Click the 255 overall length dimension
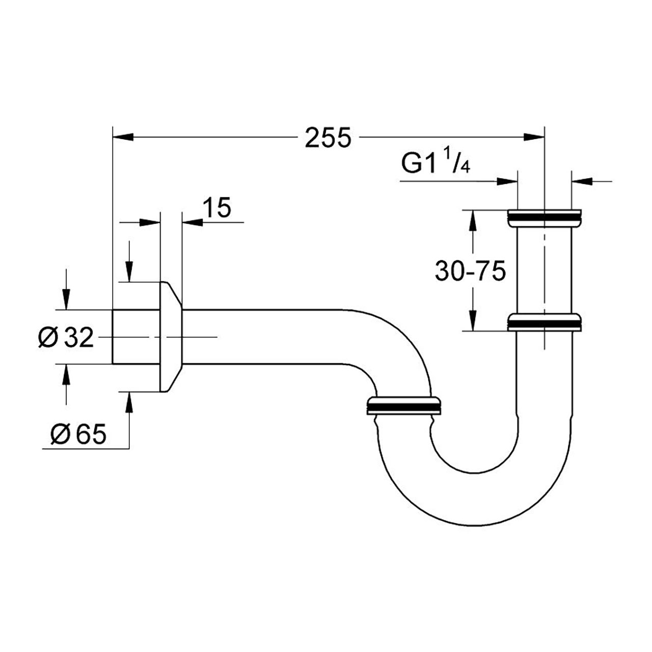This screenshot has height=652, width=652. click(328, 138)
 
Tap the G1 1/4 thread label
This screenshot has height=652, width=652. click(436, 162)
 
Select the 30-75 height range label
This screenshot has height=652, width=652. click(470, 270)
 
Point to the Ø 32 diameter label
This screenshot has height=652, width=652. click(66, 337)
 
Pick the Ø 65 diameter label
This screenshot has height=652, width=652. click(78, 434)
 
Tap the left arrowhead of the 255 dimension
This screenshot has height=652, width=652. click(123, 137)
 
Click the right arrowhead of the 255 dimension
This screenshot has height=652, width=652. click(534, 137)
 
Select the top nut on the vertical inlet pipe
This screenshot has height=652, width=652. click(544, 218)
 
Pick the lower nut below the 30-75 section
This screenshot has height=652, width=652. click(544, 322)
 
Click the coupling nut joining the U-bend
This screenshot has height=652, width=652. click(404, 405)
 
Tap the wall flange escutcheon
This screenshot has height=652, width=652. click(171, 336)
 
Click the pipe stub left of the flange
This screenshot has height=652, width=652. click(136, 337)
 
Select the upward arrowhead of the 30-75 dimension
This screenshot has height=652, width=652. click(473, 221)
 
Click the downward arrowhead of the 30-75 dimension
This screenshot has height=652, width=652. click(473, 320)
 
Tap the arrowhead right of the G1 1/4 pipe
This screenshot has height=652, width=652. click(582, 181)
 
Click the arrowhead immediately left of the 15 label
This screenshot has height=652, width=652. click(193, 222)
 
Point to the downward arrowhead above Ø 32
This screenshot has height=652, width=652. click(66, 299)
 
